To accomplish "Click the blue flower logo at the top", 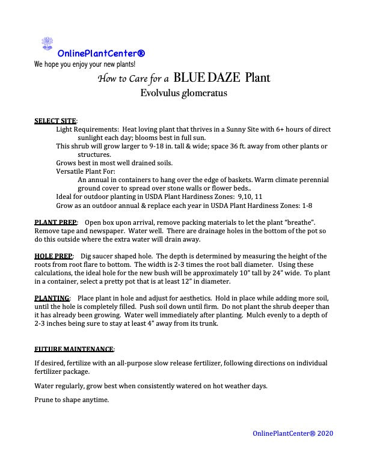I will (x=47, y=44).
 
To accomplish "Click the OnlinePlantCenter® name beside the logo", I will (x=101, y=53).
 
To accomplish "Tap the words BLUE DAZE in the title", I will (x=207, y=78).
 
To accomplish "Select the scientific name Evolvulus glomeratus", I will (x=183, y=93).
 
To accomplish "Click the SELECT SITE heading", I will (x=55, y=121).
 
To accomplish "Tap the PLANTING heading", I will (x=52, y=298).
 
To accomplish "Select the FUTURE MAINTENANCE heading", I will (x=74, y=349).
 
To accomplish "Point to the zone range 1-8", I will (x=305, y=205).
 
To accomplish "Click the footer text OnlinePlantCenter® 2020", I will (x=293, y=433).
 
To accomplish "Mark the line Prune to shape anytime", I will (x=72, y=400).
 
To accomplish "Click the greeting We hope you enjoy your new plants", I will (x=85, y=64).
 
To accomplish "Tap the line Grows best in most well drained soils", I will (x=114, y=163).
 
